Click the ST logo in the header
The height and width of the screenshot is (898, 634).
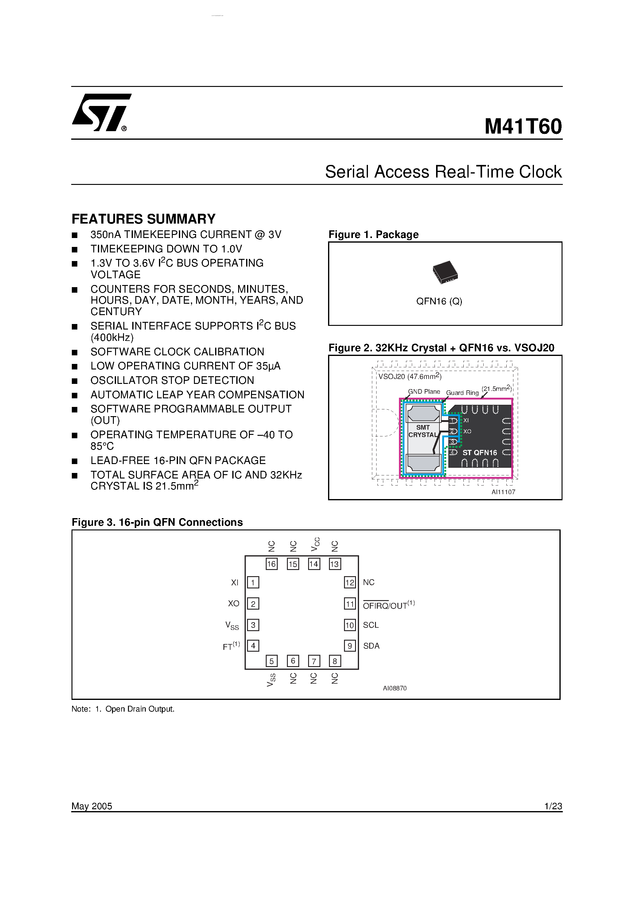[x=101, y=113]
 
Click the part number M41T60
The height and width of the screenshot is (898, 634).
[x=523, y=127]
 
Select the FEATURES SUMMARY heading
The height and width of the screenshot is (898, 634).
[x=143, y=219]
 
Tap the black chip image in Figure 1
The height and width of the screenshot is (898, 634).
[x=445, y=272]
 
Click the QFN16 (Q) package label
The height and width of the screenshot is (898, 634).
[x=439, y=301]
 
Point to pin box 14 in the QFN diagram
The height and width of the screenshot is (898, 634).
[x=314, y=564]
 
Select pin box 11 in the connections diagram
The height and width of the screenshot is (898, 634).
[x=350, y=604]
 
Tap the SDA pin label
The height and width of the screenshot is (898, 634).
[x=371, y=646]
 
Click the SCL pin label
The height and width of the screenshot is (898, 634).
[x=371, y=625]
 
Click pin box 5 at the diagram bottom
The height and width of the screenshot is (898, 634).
[x=271, y=661]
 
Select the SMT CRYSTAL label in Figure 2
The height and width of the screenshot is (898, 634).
[x=423, y=431]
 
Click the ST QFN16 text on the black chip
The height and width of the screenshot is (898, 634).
[x=480, y=452]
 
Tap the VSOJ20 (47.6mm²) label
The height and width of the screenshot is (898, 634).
[x=409, y=376]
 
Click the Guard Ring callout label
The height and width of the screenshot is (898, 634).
[x=462, y=393]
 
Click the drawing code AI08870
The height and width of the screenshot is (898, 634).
[x=394, y=688]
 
